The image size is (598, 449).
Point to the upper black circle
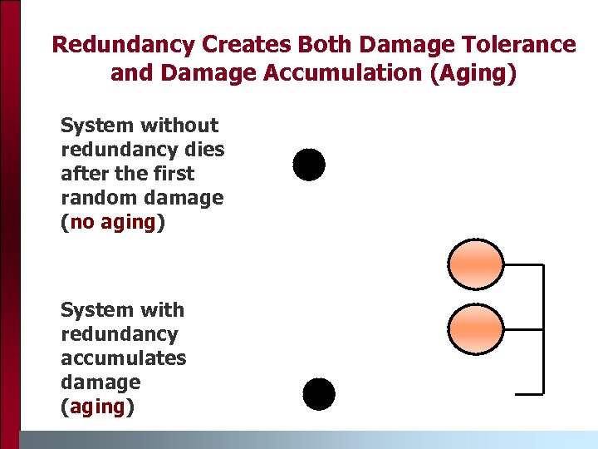coord(309,165)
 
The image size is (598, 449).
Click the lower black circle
coord(319,394)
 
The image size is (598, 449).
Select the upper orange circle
coord(476,264)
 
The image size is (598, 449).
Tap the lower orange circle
coord(476,328)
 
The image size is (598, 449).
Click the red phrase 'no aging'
coord(113,222)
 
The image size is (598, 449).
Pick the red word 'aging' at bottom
coord(97,407)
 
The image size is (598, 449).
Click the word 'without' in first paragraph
coord(179,126)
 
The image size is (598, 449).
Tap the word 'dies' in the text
coord(205,150)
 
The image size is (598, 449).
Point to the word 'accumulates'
coord(123,358)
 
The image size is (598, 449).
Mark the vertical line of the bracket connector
coord(543,328)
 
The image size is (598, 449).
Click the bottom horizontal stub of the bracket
coord(529,392)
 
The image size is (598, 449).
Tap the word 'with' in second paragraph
coord(162,310)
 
